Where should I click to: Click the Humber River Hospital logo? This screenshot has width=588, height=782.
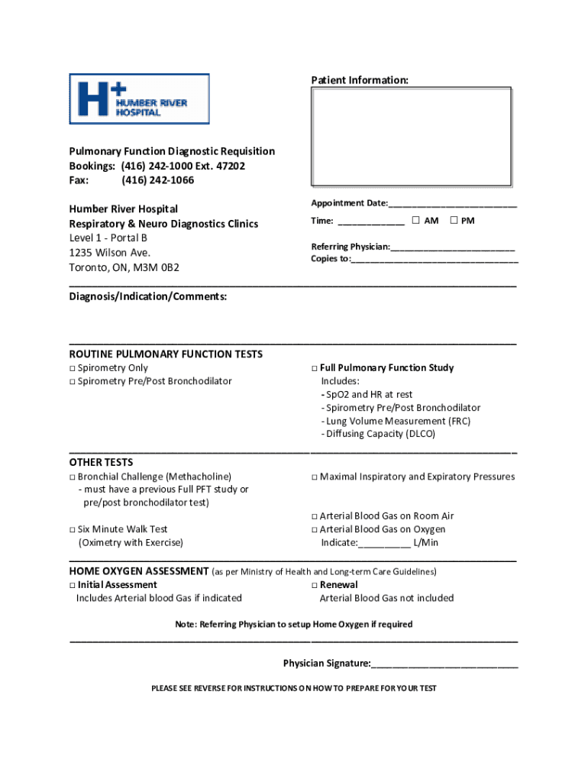click(x=139, y=99)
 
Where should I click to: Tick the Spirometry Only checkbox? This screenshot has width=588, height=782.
click(x=73, y=368)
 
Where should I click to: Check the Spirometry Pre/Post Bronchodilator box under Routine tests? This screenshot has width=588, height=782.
click(x=73, y=381)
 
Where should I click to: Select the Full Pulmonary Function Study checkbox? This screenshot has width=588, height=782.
click(x=315, y=368)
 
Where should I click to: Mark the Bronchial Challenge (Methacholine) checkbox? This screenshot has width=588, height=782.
click(x=73, y=477)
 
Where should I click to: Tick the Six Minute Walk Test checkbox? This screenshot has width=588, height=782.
click(x=73, y=529)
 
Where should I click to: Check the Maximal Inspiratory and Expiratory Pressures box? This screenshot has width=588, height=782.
click(x=315, y=477)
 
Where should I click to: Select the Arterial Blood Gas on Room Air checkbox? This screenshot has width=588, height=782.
click(x=315, y=516)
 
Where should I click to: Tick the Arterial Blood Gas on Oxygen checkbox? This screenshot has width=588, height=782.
click(x=315, y=529)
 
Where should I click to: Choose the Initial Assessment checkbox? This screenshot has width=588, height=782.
click(x=73, y=585)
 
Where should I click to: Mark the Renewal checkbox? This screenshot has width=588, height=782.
click(x=315, y=585)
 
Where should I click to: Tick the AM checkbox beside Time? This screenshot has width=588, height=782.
click(x=415, y=221)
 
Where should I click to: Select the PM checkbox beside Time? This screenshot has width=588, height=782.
click(x=454, y=221)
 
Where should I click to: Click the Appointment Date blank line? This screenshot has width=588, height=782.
click(x=453, y=204)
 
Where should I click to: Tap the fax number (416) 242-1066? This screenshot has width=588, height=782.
click(x=157, y=180)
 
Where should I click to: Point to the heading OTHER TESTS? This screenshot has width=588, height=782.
click(x=101, y=462)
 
